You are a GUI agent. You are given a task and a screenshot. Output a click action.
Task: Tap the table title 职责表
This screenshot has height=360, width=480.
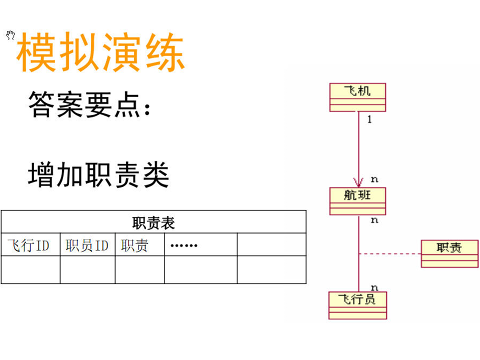(153, 222)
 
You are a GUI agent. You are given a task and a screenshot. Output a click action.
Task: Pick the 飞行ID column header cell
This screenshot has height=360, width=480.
(30, 245)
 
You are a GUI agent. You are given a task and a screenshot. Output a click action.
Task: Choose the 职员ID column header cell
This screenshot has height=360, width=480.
(87, 245)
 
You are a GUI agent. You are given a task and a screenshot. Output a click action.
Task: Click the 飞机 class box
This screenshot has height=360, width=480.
(357, 97)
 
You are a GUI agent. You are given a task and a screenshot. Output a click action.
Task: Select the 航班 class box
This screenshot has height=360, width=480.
(357, 201)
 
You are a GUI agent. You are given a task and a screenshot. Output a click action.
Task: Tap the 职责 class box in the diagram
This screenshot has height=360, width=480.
(449, 253)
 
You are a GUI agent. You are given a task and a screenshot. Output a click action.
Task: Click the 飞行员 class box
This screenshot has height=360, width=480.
(357, 305)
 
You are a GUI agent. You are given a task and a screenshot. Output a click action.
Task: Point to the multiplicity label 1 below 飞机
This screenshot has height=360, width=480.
(369, 120)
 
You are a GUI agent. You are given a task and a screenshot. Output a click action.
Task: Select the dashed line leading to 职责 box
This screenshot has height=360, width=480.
(389, 254)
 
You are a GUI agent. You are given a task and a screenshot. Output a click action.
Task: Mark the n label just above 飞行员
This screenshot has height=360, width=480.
(374, 287)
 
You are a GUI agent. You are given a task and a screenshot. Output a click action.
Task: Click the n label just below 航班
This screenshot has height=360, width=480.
(374, 220)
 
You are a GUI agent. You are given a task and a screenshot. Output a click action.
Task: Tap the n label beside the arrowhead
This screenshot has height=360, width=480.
(374, 179)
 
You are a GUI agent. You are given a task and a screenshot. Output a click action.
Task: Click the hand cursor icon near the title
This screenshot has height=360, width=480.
(10, 35)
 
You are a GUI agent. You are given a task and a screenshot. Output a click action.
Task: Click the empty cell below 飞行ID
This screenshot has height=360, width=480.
(30, 270)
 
